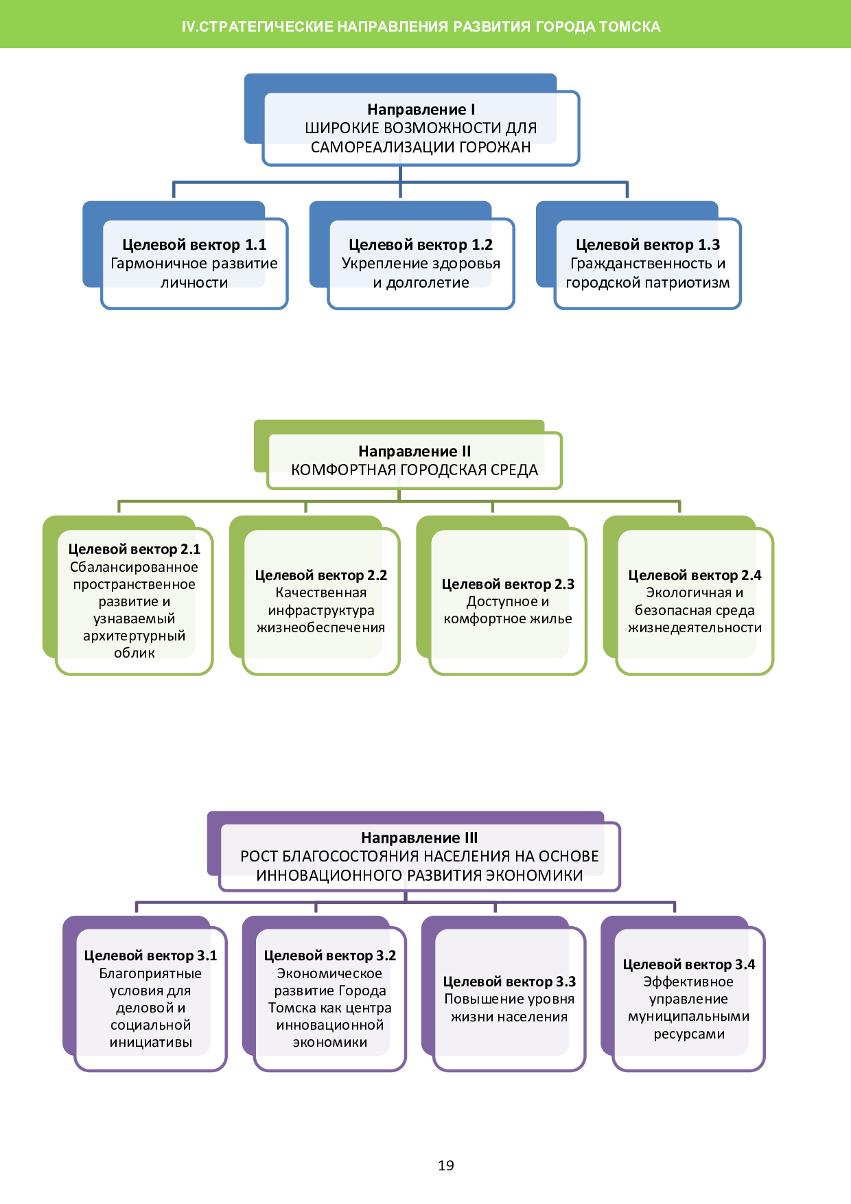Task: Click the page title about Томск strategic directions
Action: point(421,27)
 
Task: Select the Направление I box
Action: point(421,128)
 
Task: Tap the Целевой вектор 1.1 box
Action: point(194,264)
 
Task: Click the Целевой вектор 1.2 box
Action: point(421,264)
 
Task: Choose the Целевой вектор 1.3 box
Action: point(647,264)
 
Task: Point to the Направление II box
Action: point(415,461)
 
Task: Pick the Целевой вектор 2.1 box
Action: point(135,601)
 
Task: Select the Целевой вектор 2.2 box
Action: point(320,601)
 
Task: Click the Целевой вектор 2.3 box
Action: point(508,601)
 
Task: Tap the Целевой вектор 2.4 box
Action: point(695,601)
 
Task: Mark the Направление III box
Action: point(419,857)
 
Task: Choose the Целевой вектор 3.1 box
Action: point(150,999)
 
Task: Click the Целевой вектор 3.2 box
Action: point(330,999)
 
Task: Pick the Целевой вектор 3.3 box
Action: point(509,999)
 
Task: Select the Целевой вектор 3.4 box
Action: point(688,999)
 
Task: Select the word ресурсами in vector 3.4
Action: point(689,1034)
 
